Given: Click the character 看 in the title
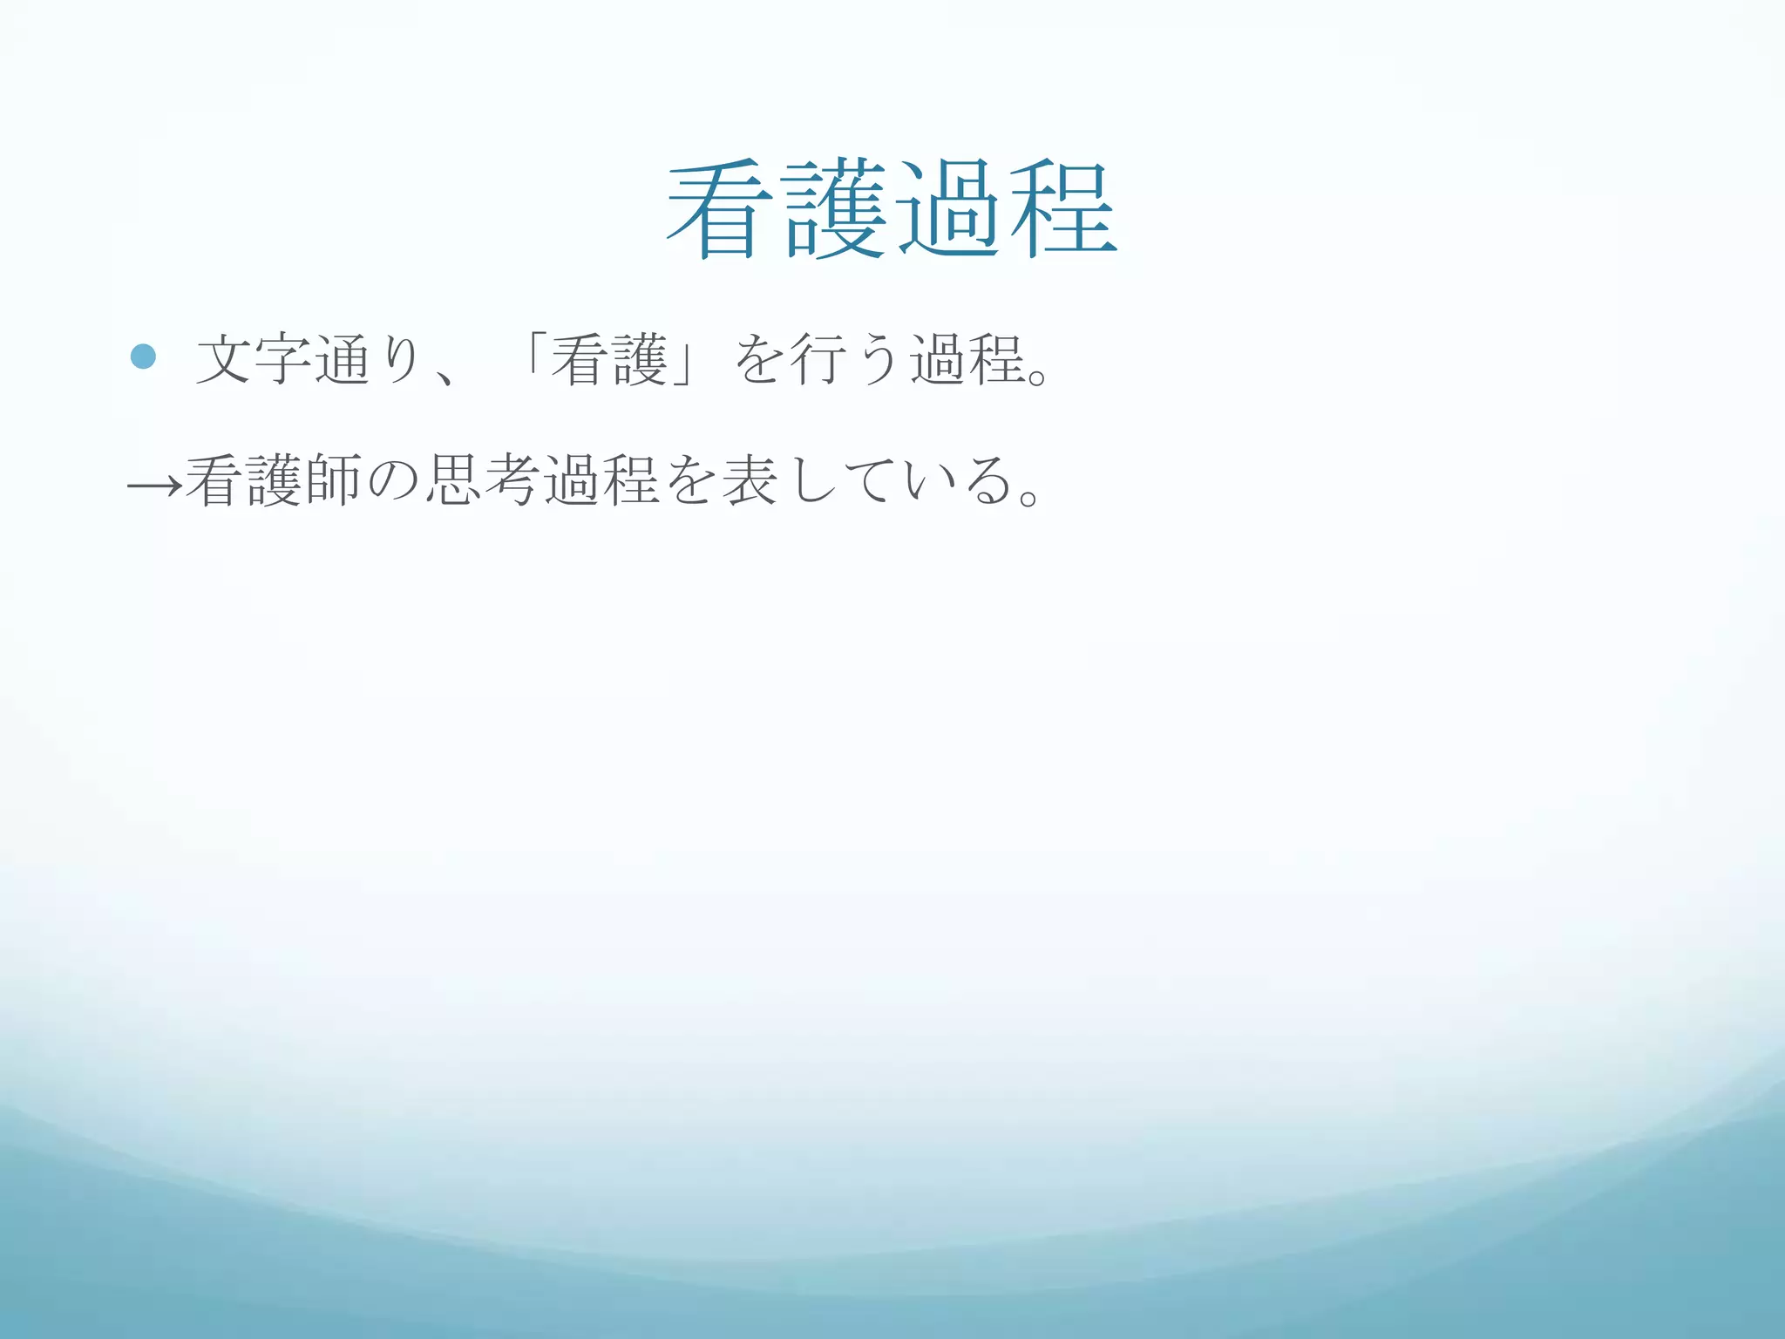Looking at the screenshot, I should click(x=721, y=210).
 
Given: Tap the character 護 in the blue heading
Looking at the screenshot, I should click(x=835, y=210).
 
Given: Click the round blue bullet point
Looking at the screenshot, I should click(x=143, y=356).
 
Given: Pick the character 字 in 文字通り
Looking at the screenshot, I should click(x=283, y=359).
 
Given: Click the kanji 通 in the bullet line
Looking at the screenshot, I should click(x=343, y=359).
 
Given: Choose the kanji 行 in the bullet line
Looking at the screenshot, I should click(x=818, y=359).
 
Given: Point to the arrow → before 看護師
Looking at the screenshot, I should click(x=154, y=484).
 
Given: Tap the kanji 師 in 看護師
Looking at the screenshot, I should click(x=333, y=480).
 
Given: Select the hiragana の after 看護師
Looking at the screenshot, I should click(x=393, y=482).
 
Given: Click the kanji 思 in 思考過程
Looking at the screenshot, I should click(x=453, y=480).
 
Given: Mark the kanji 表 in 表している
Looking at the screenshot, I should click(x=750, y=480).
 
